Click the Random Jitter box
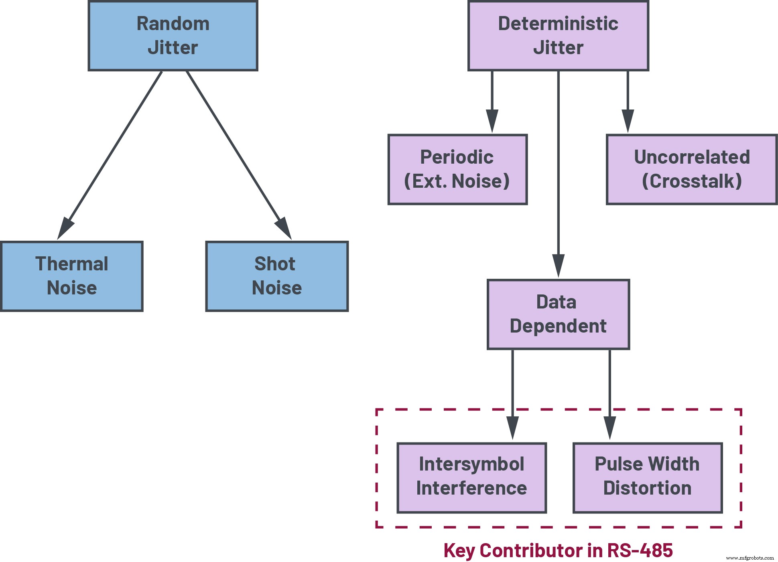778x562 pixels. pyautogui.click(x=173, y=36)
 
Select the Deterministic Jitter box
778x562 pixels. pyautogui.click(x=558, y=36)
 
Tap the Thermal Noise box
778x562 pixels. pyautogui.click(x=71, y=276)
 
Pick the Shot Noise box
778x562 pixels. pyautogui.click(x=276, y=276)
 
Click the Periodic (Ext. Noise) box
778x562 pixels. pyautogui.click(x=457, y=169)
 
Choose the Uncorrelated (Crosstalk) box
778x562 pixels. pyautogui.click(x=691, y=169)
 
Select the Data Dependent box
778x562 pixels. pyautogui.click(x=558, y=314)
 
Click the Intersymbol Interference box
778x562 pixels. pyautogui.click(x=471, y=477)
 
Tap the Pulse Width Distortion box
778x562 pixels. pyautogui.click(x=647, y=477)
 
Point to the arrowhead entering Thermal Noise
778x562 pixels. pyautogui.click(x=65, y=229)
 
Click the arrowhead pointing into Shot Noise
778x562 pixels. pyautogui.click(x=284, y=229)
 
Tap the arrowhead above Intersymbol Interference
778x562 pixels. pyautogui.click(x=512, y=427)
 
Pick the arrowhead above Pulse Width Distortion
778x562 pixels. pyautogui.click(x=610, y=427)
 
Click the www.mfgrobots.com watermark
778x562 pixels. pyautogui.click(x=750, y=558)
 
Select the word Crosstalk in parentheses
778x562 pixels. pyautogui.click(x=692, y=181)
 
